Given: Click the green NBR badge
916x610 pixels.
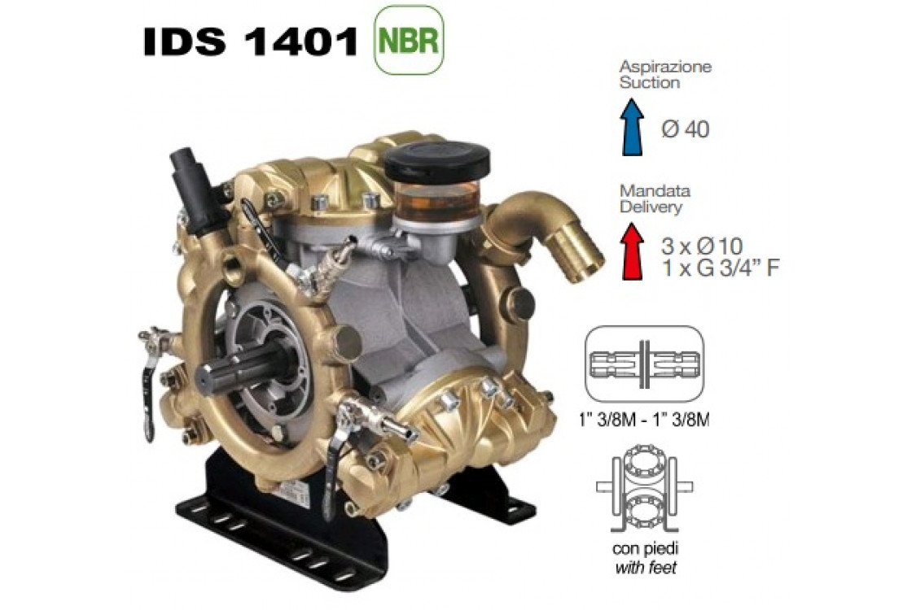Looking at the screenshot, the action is (x=409, y=41).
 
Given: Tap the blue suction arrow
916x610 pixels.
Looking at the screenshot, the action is (x=632, y=127).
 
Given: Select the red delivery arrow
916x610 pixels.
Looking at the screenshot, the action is (x=632, y=251).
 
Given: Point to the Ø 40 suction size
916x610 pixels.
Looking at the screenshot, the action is (x=686, y=129).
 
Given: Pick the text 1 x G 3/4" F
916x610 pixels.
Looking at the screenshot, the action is (x=720, y=268).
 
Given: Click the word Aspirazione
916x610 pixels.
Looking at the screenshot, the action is (x=665, y=66).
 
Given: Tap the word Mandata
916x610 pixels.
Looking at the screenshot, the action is (x=655, y=190).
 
